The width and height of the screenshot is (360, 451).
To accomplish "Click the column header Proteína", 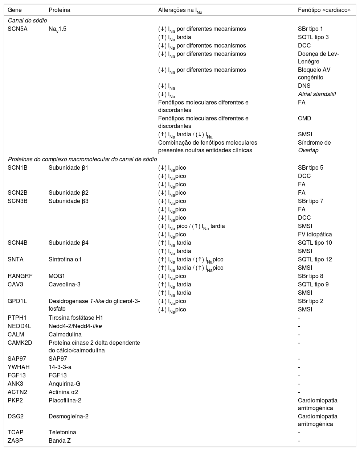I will pos(60,10).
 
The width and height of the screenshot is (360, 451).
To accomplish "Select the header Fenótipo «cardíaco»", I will pos(324,10).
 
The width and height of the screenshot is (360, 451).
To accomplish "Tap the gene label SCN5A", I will pos(17,29).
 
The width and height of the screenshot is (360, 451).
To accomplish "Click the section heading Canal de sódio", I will pos(27,21).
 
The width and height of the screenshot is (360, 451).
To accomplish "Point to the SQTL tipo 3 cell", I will pos(313,37).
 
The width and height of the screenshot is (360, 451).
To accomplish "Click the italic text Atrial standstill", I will pos(317,94).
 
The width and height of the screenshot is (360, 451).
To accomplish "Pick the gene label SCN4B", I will pos(17,243).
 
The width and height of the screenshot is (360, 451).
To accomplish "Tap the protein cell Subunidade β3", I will pos(69,201).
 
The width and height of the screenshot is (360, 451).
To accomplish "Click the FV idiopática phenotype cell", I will pos(315,235).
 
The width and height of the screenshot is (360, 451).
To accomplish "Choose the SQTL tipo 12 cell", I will pos(315,260).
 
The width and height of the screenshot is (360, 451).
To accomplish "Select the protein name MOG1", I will pos(56,276).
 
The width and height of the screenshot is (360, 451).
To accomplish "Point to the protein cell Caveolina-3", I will pos(65,285).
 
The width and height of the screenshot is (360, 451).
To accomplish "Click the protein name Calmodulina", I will pos(65,335).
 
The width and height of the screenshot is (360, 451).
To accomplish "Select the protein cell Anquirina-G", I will pos(64,384).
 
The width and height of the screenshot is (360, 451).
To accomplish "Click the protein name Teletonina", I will pos(62,433).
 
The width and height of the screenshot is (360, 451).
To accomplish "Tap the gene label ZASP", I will pos(15,441).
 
